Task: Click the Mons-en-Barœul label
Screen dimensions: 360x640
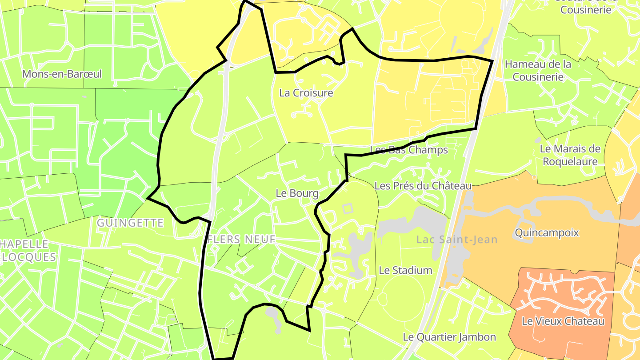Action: (62, 74)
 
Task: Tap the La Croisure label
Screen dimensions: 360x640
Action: (306, 93)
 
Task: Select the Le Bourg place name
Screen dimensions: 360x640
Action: (297, 193)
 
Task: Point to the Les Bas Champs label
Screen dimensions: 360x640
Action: (409, 150)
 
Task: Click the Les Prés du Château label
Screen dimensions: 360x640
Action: (423, 186)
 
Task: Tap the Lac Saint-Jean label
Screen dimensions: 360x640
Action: (457, 240)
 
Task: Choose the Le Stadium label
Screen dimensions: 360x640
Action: (405, 270)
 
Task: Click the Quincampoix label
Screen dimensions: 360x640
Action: (547, 232)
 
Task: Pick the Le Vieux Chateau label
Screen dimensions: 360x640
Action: (563, 321)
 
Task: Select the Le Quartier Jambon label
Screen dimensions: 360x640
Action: (449, 337)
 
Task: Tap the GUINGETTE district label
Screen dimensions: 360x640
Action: (130, 223)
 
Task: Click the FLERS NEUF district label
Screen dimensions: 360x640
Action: (241, 239)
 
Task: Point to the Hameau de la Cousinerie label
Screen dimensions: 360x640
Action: (538, 70)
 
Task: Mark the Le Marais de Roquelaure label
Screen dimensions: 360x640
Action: (570, 155)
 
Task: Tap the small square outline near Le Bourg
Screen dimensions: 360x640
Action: (348, 208)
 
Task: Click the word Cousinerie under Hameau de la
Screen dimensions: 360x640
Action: (538, 77)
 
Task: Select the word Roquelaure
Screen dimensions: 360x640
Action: (570, 162)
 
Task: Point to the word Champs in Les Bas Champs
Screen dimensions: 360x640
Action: (429, 150)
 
